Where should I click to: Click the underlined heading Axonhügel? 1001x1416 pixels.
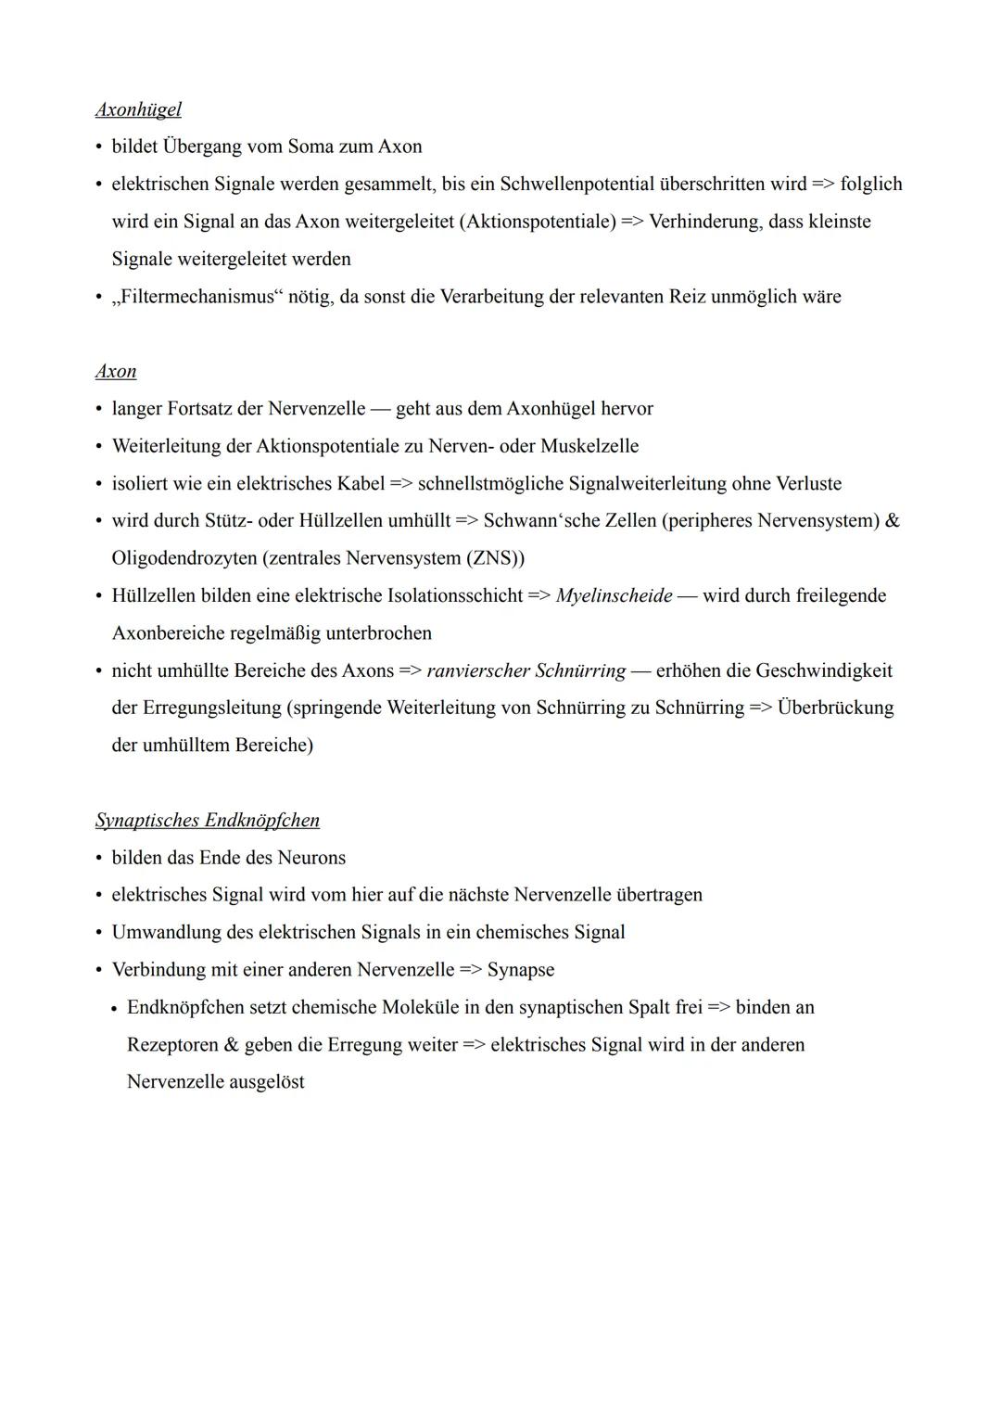click(138, 109)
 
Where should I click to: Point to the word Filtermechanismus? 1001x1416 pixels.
click(198, 297)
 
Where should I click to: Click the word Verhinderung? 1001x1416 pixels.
click(703, 222)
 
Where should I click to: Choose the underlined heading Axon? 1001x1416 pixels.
click(116, 371)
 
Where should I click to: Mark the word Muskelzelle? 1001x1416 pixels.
click(589, 446)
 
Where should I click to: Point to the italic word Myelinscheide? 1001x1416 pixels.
click(614, 595)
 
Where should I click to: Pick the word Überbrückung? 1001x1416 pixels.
click(835, 708)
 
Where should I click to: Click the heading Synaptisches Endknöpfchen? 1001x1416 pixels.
click(208, 820)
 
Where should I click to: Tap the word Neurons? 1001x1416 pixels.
click(310, 858)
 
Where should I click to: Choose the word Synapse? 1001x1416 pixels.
click(521, 970)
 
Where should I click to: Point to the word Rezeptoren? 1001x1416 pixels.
click(172, 1045)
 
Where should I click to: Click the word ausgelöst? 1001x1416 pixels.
click(267, 1082)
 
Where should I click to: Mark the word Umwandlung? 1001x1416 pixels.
click(166, 932)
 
